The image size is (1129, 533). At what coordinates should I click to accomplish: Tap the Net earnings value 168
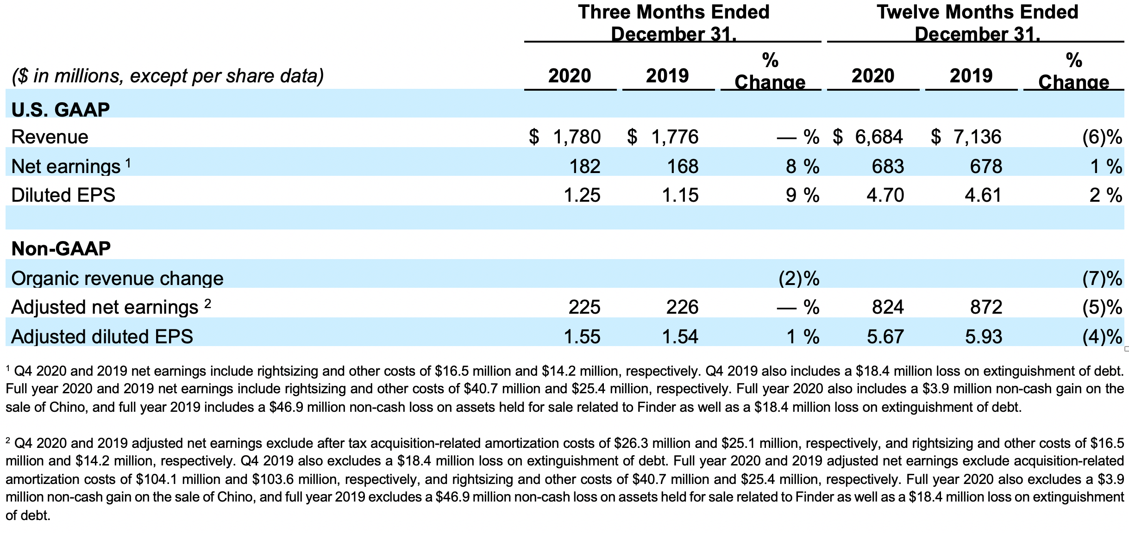[683, 166]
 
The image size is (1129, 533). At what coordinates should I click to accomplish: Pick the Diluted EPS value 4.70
[885, 195]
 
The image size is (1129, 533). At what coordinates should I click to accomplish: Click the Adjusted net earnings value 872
[986, 307]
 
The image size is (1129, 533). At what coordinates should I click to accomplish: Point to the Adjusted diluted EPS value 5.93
[983, 336]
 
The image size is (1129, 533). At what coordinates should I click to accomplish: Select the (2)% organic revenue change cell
[799, 279]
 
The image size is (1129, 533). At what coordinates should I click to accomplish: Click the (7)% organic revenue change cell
[1102, 279]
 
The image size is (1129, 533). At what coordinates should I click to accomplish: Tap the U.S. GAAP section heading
[60, 110]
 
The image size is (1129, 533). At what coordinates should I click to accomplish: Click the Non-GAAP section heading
[61, 248]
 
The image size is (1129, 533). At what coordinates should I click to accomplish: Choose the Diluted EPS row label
[63, 195]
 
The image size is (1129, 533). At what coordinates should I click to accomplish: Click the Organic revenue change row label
[117, 279]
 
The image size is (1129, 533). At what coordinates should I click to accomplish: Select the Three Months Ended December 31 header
[673, 23]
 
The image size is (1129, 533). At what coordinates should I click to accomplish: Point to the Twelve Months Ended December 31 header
[977, 23]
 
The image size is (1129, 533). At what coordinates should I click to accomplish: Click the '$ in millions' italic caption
[167, 76]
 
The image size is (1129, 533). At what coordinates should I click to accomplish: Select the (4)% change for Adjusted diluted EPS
[1102, 336]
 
